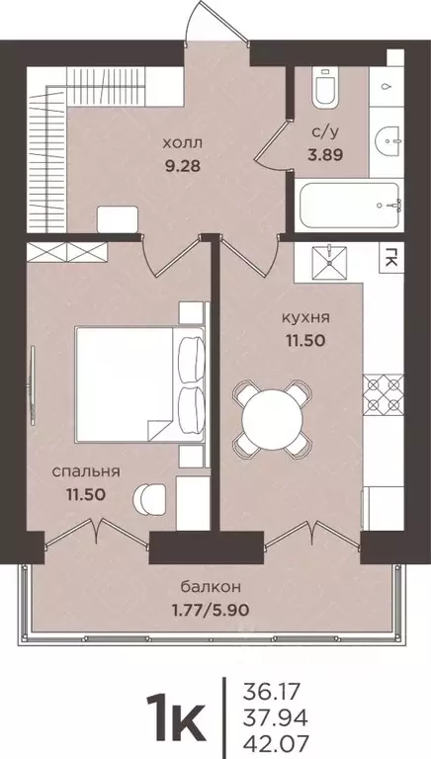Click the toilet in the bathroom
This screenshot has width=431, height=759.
click(322, 89)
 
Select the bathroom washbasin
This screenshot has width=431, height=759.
click(388, 138)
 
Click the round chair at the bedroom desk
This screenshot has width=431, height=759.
click(149, 497)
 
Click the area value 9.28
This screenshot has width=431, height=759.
click(181, 165)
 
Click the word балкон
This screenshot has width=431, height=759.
click(202, 585)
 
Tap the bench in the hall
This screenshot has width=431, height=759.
click(119, 218)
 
